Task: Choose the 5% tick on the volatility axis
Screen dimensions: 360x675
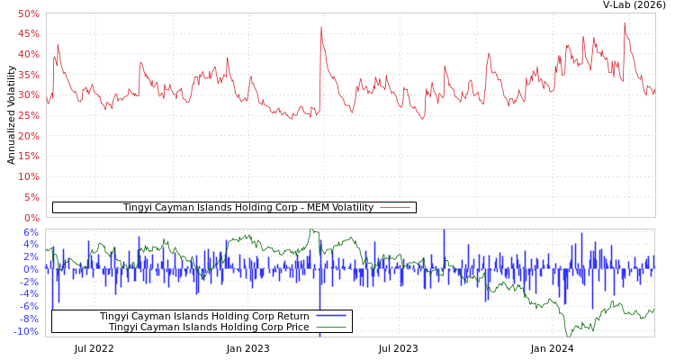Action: (31, 197)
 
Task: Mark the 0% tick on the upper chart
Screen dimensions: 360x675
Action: (31, 218)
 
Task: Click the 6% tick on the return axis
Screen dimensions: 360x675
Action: (31, 231)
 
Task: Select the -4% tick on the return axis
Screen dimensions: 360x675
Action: (30, 294)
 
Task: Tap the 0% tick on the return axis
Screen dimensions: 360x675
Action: (31, 269)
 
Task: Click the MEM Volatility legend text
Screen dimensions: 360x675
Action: (247, 208)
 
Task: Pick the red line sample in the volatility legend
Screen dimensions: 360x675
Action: (395, 208)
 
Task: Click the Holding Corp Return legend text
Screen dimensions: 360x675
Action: (204, 317)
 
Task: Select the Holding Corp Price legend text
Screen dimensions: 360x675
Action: (209, 328)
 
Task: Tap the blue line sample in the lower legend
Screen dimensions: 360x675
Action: (330, 317)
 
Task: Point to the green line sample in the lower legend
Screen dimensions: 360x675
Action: (330, 328)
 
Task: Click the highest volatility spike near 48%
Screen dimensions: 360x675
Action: (624, 22)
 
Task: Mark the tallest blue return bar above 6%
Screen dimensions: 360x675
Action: (444, 232)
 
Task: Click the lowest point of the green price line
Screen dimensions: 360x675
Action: (568, 336)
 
